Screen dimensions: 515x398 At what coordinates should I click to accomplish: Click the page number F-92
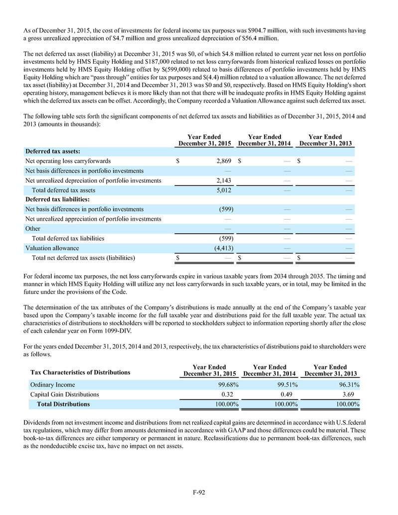[199, 493]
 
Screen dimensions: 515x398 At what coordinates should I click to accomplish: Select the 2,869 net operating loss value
[223, 161]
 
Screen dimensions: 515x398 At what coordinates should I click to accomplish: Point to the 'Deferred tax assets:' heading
[53, 151]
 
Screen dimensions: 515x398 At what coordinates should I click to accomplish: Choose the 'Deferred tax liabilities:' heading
[57, 200]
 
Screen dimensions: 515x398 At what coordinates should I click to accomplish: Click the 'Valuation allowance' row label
[52, 248]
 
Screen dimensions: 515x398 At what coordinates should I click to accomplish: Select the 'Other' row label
[33, 229]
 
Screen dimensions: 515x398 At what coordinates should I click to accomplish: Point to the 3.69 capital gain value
[353, 394]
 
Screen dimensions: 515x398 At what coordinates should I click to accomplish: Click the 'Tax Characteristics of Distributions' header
[80, 372]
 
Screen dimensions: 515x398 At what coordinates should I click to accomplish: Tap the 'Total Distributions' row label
[60, 404]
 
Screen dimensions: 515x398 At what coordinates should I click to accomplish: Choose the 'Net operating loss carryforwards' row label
[68, 161]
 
